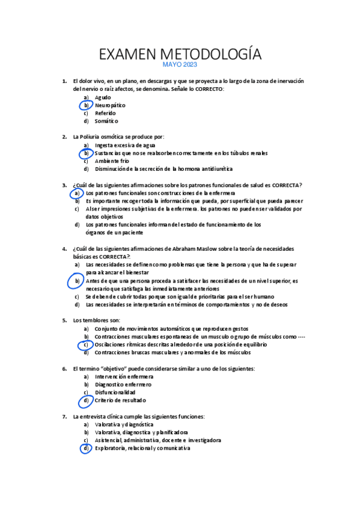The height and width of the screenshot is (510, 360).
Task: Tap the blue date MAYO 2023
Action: (180, 65)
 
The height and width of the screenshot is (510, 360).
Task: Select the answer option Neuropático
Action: (111, 105)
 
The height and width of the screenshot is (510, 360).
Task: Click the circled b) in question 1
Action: (87, 105)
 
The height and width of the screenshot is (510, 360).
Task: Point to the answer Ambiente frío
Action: (112, 161)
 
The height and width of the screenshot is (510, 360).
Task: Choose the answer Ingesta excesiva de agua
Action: (125, 146)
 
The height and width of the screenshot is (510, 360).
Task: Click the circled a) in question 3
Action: (77, 193)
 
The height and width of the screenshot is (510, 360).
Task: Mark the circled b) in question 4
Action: (77, 281)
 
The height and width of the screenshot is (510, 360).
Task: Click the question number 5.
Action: (64, 321)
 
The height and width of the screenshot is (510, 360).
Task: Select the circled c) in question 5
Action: (87, 345)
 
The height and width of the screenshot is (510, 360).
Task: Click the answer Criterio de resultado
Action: (120, 400)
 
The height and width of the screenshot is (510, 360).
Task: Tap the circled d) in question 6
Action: (87, 400)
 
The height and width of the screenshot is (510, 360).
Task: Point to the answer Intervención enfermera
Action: (124, 376)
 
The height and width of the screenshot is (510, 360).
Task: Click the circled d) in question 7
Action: (87, 448)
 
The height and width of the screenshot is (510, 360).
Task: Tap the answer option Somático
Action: (106, 121)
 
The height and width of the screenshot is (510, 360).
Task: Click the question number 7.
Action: (64, 416)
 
